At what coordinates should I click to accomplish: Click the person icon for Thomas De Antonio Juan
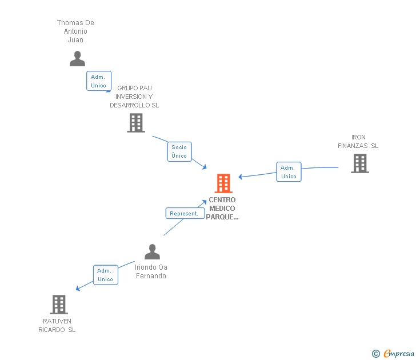pos(77,58)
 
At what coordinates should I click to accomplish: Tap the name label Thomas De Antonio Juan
pos(75,31)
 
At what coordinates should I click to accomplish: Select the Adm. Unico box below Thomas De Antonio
pos(98,81)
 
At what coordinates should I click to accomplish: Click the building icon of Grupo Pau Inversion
pos(136,123)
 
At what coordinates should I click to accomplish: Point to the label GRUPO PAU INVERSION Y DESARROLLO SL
pos(134,97)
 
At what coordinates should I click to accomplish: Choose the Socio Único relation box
pos(179,151)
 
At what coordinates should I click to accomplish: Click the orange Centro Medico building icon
pos(223,183)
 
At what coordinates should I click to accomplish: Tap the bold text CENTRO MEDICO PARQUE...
pos(222,209)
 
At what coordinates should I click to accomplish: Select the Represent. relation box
pos(185,214)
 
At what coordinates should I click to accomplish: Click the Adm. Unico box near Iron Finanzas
pos(289,172)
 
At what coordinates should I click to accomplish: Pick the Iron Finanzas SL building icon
pos(359,163)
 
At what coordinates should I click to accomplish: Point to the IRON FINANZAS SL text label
pos(358,142)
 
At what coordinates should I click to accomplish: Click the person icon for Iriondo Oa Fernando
pos(152,252)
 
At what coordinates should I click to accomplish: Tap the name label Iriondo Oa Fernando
pos(151,271)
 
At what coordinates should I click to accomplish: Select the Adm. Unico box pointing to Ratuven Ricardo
pos(105,275)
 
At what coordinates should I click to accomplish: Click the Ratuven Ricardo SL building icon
pos(59,305)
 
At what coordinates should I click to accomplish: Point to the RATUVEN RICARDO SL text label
pos(57,326)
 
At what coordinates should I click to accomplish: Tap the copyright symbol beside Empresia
pos(376,354)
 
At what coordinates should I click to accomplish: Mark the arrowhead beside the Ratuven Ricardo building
pos(78,289)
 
